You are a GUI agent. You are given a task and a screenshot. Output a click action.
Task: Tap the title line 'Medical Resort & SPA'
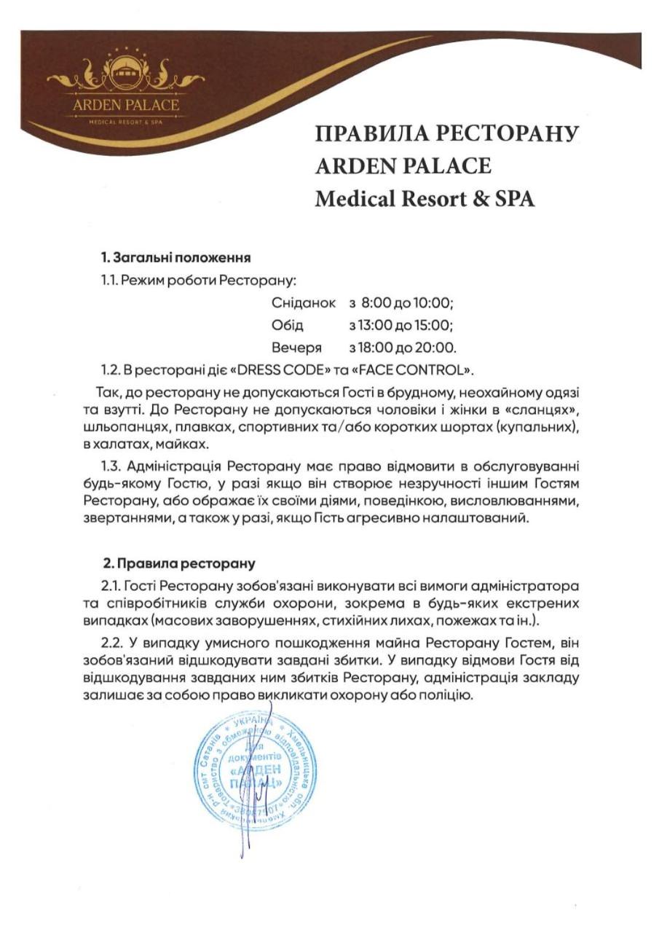[x=425, y=199]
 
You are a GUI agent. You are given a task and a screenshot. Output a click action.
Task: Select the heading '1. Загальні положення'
[x=175, y=257]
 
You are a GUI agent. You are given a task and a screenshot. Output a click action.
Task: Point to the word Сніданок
[x=303, y=302]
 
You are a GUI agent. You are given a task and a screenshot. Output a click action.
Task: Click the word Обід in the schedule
[x=287, y=325]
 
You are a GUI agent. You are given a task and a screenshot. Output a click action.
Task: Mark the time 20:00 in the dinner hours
[x=439, y=348]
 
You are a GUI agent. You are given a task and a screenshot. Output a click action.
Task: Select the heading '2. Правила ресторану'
[x=179, y=563]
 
